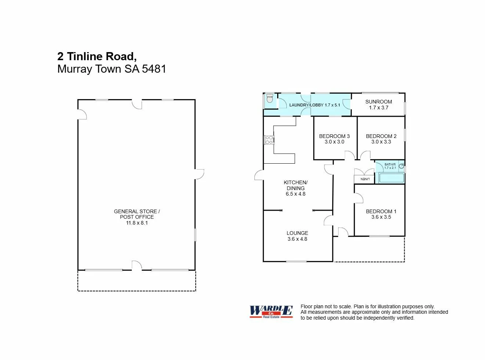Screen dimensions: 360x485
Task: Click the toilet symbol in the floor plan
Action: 270,98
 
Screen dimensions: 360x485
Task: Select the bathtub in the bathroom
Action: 391,178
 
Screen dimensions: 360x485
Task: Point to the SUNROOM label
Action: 379,102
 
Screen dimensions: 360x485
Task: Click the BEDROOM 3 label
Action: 334,136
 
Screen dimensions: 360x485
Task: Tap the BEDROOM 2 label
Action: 381,136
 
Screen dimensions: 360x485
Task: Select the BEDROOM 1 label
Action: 381,211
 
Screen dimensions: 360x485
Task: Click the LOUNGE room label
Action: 297,233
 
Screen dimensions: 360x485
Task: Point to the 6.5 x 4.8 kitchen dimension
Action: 296,194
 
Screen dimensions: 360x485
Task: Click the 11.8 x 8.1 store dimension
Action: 137,223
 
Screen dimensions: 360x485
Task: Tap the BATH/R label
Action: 390,164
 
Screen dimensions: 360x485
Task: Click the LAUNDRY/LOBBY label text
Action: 306,105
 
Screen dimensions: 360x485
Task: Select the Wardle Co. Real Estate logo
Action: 271,312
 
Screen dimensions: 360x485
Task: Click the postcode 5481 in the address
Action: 154,69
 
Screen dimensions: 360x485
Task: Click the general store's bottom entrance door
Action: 137,266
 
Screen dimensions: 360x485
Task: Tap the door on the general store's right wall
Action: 199,174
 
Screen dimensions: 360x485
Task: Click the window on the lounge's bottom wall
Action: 296,261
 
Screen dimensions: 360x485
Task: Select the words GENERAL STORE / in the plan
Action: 137,211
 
